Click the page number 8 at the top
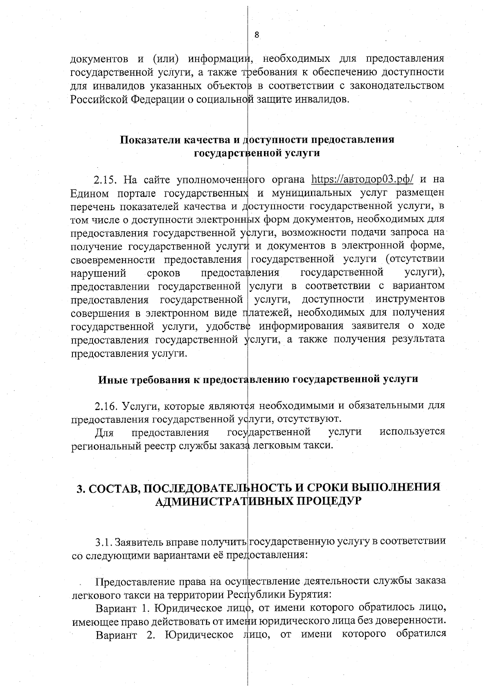pos(257,35)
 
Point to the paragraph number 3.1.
pos(103,543)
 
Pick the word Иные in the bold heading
pos(112,379)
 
